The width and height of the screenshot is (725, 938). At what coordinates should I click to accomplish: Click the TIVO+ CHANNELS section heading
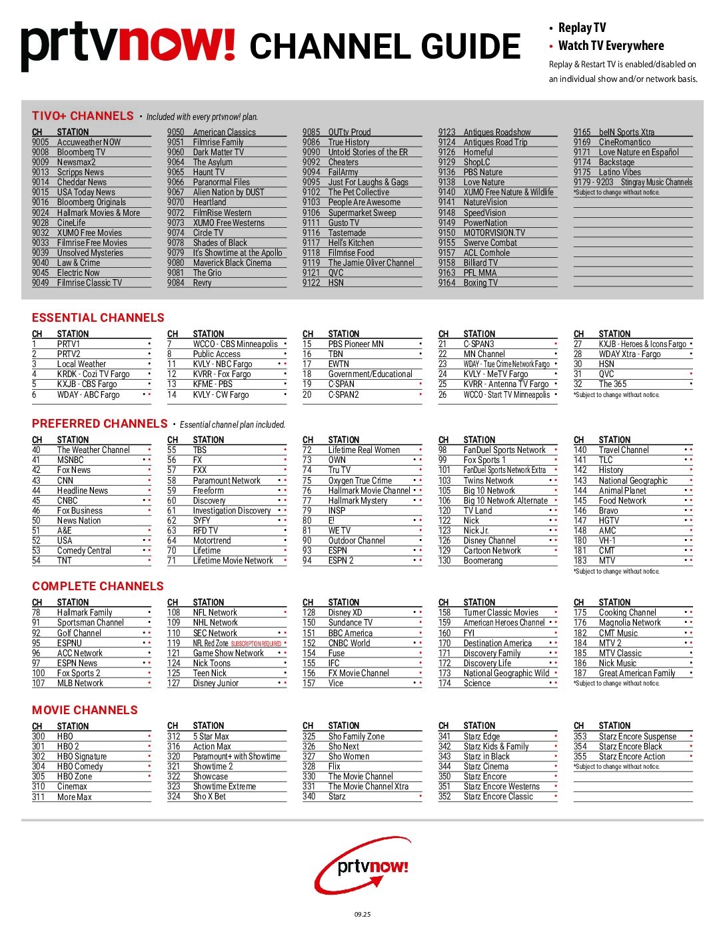pos(83,116)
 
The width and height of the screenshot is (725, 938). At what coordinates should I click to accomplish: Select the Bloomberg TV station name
pos(81,152)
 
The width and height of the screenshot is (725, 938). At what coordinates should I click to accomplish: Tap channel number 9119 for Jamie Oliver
pos(311,262)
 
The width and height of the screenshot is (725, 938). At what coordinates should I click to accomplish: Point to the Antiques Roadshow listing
pos(497,132)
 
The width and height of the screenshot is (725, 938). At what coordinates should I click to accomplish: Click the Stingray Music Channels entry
pos(656,182)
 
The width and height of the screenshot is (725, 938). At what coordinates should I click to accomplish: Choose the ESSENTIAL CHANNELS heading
pos(98,318)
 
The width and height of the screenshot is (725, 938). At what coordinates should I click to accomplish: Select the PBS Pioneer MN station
pos(356,344)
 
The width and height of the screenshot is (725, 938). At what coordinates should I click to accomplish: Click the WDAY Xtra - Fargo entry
pos(630,354)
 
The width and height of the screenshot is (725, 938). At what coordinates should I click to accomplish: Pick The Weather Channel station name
pos(93,450)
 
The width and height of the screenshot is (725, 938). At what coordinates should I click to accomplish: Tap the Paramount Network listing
pos(227,480)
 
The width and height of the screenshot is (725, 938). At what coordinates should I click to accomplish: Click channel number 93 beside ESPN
pos(307,550)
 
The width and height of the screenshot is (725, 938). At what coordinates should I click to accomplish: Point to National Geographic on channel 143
pos(633,480)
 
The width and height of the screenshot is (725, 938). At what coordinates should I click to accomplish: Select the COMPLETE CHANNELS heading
pos(98,586)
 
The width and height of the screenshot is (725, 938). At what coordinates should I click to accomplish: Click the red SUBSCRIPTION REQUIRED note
pos(256,644)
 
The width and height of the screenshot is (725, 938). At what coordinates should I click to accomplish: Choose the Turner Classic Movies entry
pos(501,612)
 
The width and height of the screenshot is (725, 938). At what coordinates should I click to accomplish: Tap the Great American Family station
pos(637,673)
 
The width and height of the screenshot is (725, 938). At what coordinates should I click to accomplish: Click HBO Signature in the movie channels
pos(82,756)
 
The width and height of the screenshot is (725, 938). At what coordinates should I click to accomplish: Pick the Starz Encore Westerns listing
pos(502,786)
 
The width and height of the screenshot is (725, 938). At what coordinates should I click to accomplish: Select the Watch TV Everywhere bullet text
pos(611,46)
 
